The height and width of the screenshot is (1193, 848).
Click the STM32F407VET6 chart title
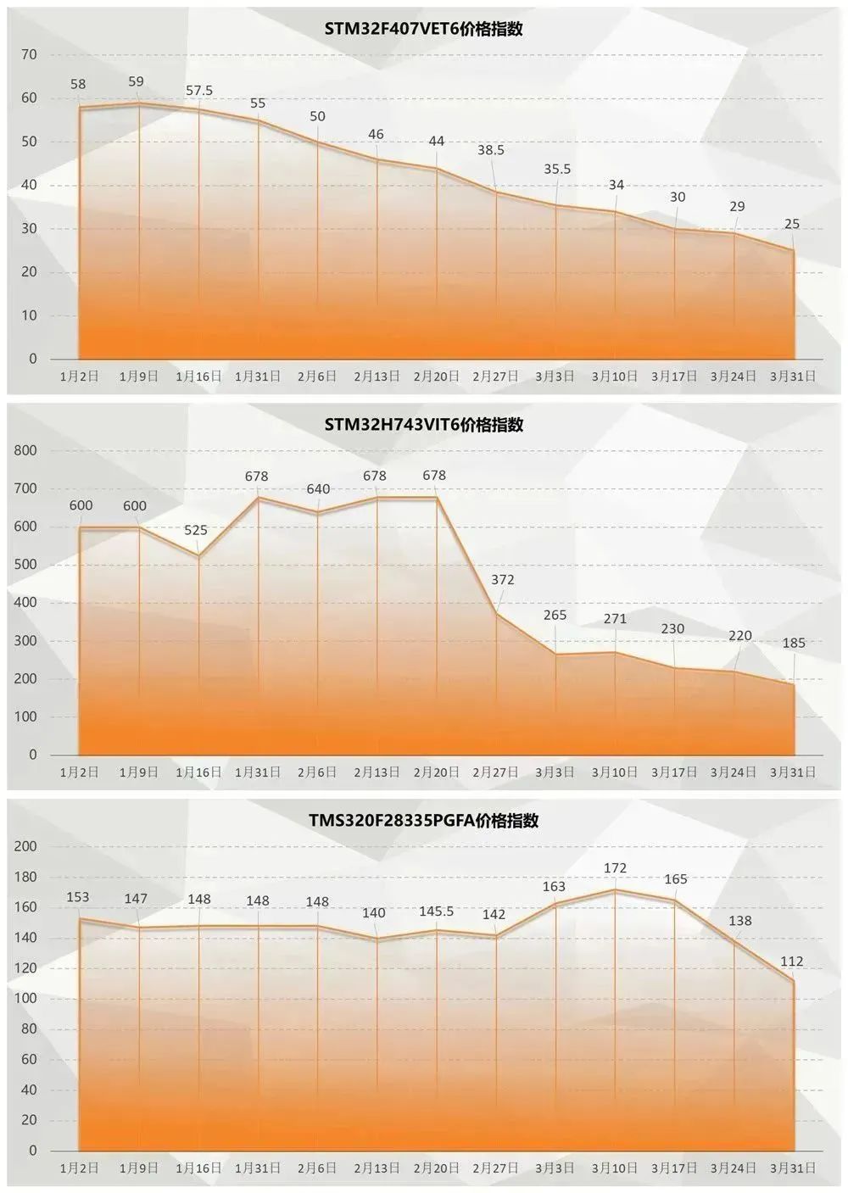423,29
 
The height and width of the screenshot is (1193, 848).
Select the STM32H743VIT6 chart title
423,425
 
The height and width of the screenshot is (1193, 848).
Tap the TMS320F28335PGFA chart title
423,821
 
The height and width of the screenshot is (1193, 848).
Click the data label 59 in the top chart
136,81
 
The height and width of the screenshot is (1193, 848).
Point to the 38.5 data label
490,150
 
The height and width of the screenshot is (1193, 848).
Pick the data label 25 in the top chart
792,224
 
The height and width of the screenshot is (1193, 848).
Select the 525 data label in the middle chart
196,530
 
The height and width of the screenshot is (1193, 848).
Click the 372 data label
503,580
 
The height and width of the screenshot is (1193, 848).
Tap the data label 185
794,643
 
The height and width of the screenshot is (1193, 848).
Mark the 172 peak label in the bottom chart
615,867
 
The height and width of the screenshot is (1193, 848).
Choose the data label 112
791,961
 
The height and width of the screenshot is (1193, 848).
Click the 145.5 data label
436,911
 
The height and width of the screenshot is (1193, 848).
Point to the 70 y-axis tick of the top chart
30,54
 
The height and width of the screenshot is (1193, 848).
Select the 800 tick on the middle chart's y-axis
26,450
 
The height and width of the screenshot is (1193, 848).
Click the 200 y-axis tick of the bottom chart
26,846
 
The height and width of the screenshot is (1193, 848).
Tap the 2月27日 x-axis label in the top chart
495,376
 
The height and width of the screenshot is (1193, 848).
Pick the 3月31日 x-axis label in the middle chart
793,772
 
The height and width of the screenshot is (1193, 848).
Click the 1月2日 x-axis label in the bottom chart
79,1168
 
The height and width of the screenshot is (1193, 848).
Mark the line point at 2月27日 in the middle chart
496,613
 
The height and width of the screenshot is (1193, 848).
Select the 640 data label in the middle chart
318,489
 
